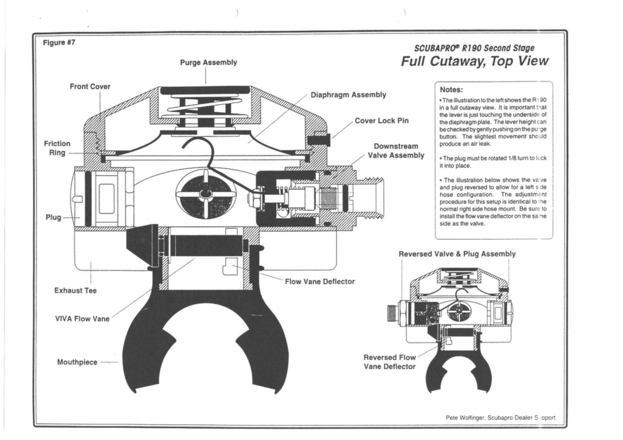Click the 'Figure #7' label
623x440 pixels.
pyautogui.click(x=58, y=43)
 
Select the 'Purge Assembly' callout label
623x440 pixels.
pyautogui.click(x=208, y=63)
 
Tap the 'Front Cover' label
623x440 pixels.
pyautogui.click(x=90, y=86)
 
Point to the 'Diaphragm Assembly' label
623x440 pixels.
pyautogui.click(x=348, y=95)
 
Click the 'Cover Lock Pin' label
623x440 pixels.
pyautogui.click(x=381, y=120)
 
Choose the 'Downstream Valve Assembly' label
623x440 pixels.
pyautogui.click(x=395, y=151)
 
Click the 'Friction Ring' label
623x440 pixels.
pyautogui.click(x=57, y=148)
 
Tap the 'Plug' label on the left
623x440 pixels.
pyautogui.click(x=53, y=217)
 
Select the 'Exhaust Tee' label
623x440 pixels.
pyautogui.click(x=75, y=290)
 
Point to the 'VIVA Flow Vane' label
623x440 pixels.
pyautogui.click(x=82, y=319)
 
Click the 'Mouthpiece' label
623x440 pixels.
pyautogui.click(x=77, y=362)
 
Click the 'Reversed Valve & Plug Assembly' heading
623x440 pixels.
pyautogui.click(x=457, y=254)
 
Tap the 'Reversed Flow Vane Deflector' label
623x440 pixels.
pyautogui.click(x=389, y=362)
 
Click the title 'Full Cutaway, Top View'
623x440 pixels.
pyautogui.click(x=475, y=61)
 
